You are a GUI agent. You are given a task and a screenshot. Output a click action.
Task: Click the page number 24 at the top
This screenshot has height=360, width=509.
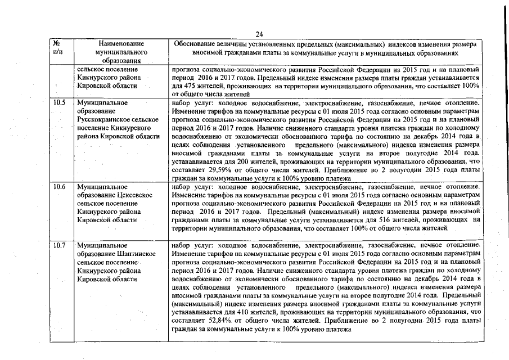(x=259, y=34)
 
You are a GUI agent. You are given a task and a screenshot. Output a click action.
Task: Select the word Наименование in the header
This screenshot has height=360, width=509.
(x=121, y=43)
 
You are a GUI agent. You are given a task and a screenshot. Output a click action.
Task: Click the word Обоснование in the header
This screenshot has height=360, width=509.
(x=196, y=43)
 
